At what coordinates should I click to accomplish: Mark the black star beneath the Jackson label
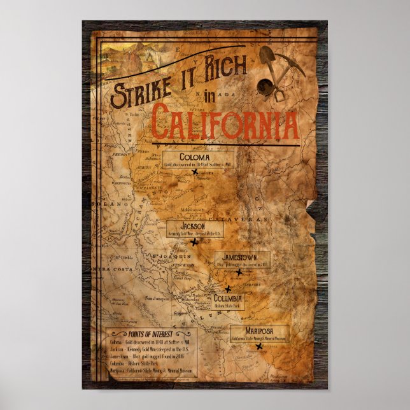click(194, 241)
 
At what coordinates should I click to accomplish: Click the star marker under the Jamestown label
click(239, 272)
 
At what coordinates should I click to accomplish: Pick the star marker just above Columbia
click(228, 288)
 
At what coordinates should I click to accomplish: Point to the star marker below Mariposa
click(259, 346)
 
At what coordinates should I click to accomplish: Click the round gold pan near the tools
click(264, 86)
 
